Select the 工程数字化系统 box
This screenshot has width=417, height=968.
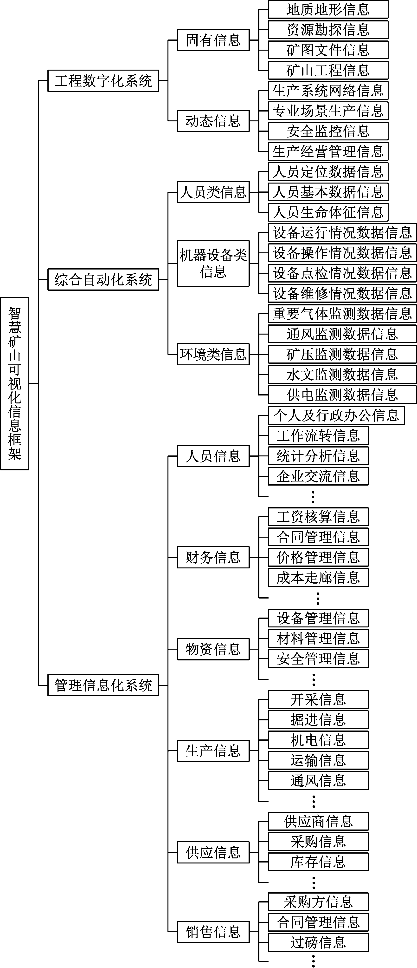[x=103, y=81]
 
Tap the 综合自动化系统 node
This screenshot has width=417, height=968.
[x=103, y=279]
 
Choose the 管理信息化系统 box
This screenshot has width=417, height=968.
[x=103, y=685]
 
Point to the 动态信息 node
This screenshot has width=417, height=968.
[x=213, y=121]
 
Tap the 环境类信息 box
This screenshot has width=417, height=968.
[x=213, y=354]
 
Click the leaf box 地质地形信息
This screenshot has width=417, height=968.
[x=328, y=9]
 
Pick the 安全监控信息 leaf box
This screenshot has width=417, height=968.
[x=328, y=131]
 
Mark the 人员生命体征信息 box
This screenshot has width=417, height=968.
[x=328, y=212]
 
